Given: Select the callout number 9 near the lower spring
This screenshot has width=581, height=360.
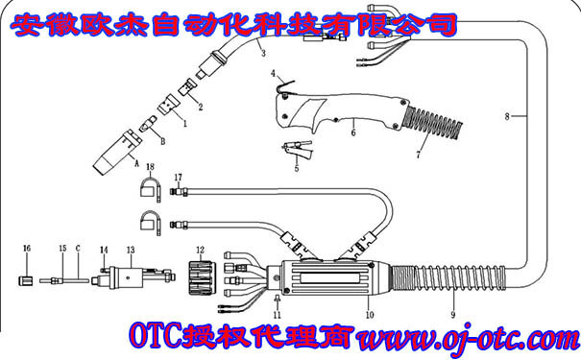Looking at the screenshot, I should click(x=453, y=314).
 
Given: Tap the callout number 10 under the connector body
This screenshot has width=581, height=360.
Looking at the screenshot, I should click(x=367, y=315).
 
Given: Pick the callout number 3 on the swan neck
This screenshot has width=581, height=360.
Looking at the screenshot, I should click(x=262, y=55).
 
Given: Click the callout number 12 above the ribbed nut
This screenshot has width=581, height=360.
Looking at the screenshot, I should click(x=201, y=251).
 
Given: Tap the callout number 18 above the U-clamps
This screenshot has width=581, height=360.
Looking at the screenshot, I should click(x=150, y=167).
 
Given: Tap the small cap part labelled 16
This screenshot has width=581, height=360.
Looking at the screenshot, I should click(x=27, y=281).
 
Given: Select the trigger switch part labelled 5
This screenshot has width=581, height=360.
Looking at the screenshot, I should click(x=296, y=150).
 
